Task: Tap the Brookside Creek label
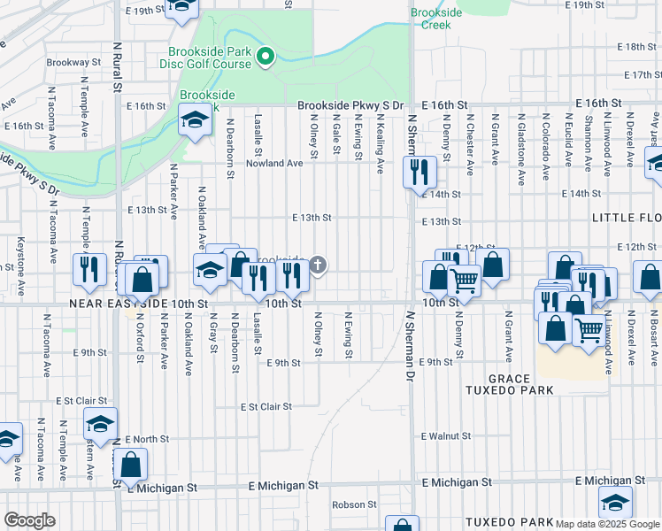[x=430, y=19]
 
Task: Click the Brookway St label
[x=73, y=63]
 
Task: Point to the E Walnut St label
[x=446, y=436]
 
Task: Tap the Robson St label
[x=354, y=505]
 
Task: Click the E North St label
[x=148, y=439]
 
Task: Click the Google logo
[x=29, y=520]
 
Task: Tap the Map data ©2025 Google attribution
[x=607, y=524]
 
